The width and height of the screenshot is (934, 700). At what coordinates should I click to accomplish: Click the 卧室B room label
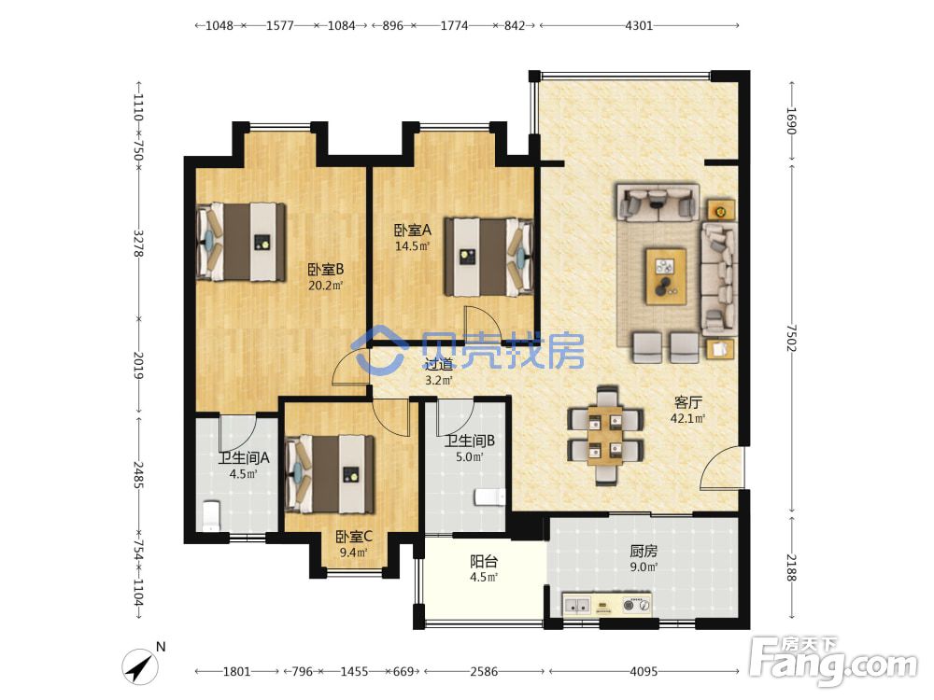pos(325,270)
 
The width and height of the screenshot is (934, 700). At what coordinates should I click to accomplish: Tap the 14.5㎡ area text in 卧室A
pos(412,245)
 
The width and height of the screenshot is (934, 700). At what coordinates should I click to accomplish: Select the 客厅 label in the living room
pos(688,403)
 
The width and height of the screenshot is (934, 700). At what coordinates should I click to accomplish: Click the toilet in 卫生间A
pos(211,515)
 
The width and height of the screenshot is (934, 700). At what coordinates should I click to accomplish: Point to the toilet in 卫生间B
pos(490,497)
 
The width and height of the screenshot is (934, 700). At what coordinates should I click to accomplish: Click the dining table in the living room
pos(605,435)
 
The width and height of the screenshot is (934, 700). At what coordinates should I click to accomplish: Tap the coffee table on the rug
pos(665,277)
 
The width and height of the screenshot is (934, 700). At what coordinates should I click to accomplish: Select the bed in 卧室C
pos(330,474)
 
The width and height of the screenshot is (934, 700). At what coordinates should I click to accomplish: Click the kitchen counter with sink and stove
pos(607,606)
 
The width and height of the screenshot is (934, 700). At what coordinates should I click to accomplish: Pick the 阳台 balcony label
pos(484,561)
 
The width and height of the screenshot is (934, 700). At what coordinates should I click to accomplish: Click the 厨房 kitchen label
pos(644,552)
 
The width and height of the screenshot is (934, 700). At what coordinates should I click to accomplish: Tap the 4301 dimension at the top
pos(639,25)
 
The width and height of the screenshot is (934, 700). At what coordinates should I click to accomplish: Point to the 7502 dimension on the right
pos(791,338)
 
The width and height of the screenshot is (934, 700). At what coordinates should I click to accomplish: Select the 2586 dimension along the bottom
pos(484,671)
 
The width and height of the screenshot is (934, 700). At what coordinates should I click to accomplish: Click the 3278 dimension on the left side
pos(138,243)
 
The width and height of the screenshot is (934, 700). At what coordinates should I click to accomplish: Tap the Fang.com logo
pos(834,660)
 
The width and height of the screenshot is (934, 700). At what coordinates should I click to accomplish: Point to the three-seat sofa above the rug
pos(657,203)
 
